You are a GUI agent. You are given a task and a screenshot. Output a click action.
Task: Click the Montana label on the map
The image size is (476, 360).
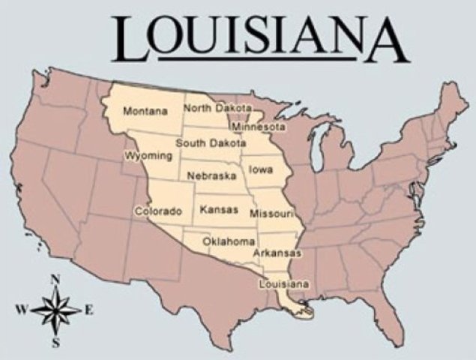click(145, 112)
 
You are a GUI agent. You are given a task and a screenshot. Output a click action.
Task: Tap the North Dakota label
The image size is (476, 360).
click(217, 108)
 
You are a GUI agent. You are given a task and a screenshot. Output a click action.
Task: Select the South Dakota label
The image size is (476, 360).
click(211, 142)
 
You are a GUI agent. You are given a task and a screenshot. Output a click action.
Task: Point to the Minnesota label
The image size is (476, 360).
click(258, 127)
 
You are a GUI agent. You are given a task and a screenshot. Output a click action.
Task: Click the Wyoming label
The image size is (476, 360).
click(148, 156)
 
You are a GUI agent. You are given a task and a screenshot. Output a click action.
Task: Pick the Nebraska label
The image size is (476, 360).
click(211, 175)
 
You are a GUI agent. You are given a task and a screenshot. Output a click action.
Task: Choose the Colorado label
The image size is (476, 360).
click(157, 211)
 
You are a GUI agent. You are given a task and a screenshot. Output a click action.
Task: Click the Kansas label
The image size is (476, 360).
click(219, 210)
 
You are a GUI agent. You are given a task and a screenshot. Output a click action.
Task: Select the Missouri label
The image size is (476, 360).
click(271, 214)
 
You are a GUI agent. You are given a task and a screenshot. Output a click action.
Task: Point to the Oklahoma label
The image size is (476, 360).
click(229, 241)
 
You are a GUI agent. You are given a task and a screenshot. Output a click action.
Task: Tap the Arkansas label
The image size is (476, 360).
click(277, 253)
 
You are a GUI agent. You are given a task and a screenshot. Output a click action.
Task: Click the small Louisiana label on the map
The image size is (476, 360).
click(283, 284)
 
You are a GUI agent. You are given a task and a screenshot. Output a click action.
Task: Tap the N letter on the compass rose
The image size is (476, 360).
click(55, 280)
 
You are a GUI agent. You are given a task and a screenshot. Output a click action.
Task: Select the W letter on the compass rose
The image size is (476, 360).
click(20, 308)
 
